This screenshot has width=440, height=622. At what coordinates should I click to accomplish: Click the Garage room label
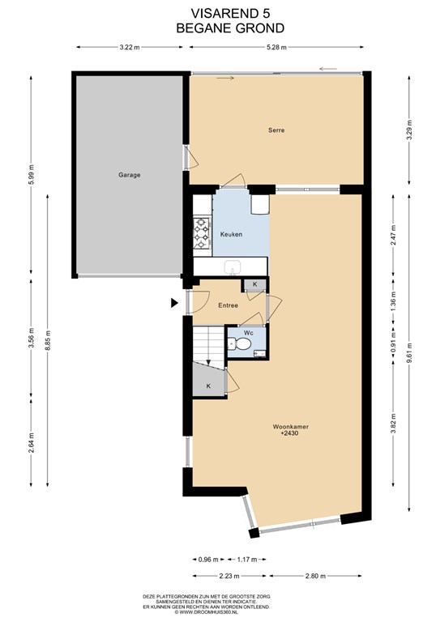click(130, 175)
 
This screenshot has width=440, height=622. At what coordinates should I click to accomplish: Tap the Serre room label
click(276, 130)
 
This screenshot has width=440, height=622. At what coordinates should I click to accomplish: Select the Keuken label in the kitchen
click(231, 234)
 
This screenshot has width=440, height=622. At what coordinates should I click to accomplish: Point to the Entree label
click(229, 305)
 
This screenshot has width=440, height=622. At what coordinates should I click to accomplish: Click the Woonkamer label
click(291, 427)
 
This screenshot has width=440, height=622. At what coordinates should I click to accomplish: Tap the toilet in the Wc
click(240, 343)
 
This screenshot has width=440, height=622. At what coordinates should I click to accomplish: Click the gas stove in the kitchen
click(201, 233)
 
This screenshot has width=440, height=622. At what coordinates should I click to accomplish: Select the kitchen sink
click(232, 267)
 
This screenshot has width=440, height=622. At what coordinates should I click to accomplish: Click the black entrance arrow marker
click(173, 303)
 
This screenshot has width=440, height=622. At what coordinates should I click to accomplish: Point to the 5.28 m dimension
click(276, 47)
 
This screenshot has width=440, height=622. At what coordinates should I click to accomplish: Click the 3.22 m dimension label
click(130, 47)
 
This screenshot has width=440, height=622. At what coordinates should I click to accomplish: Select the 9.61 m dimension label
click(409, 353)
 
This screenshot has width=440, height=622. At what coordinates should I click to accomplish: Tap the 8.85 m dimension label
click(48, 340)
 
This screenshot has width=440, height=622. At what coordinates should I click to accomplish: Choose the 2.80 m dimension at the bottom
click(315, 576)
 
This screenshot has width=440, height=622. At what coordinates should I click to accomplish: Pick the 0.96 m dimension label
click(208, 560)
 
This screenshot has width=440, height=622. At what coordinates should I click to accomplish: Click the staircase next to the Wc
click(209, 344)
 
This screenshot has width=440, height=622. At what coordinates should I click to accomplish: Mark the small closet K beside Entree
click(254, 284)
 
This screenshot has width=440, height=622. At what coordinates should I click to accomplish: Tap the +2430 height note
click(289, 433)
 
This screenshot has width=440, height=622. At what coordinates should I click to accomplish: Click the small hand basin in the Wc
click(260, 353)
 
